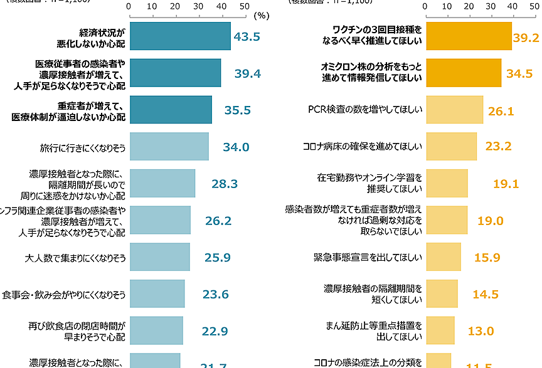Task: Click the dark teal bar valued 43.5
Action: (179, 36)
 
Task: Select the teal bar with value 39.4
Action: (174, 73)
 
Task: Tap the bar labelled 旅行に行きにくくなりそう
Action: (169, 147)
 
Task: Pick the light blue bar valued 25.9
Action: (159, 257)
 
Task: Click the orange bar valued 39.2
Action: (469, 36)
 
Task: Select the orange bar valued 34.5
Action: (464, 73)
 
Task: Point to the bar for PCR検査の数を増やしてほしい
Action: (454, 110)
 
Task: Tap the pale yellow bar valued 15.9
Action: (443, 257)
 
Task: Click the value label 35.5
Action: (237, 110)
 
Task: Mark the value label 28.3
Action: (224, 184)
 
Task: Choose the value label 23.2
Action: (498, 147)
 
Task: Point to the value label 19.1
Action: (506, 184)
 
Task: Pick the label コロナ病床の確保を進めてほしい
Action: (362, 147)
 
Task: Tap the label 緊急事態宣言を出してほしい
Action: (368, 257)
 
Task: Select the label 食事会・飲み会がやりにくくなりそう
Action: (63, 294)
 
